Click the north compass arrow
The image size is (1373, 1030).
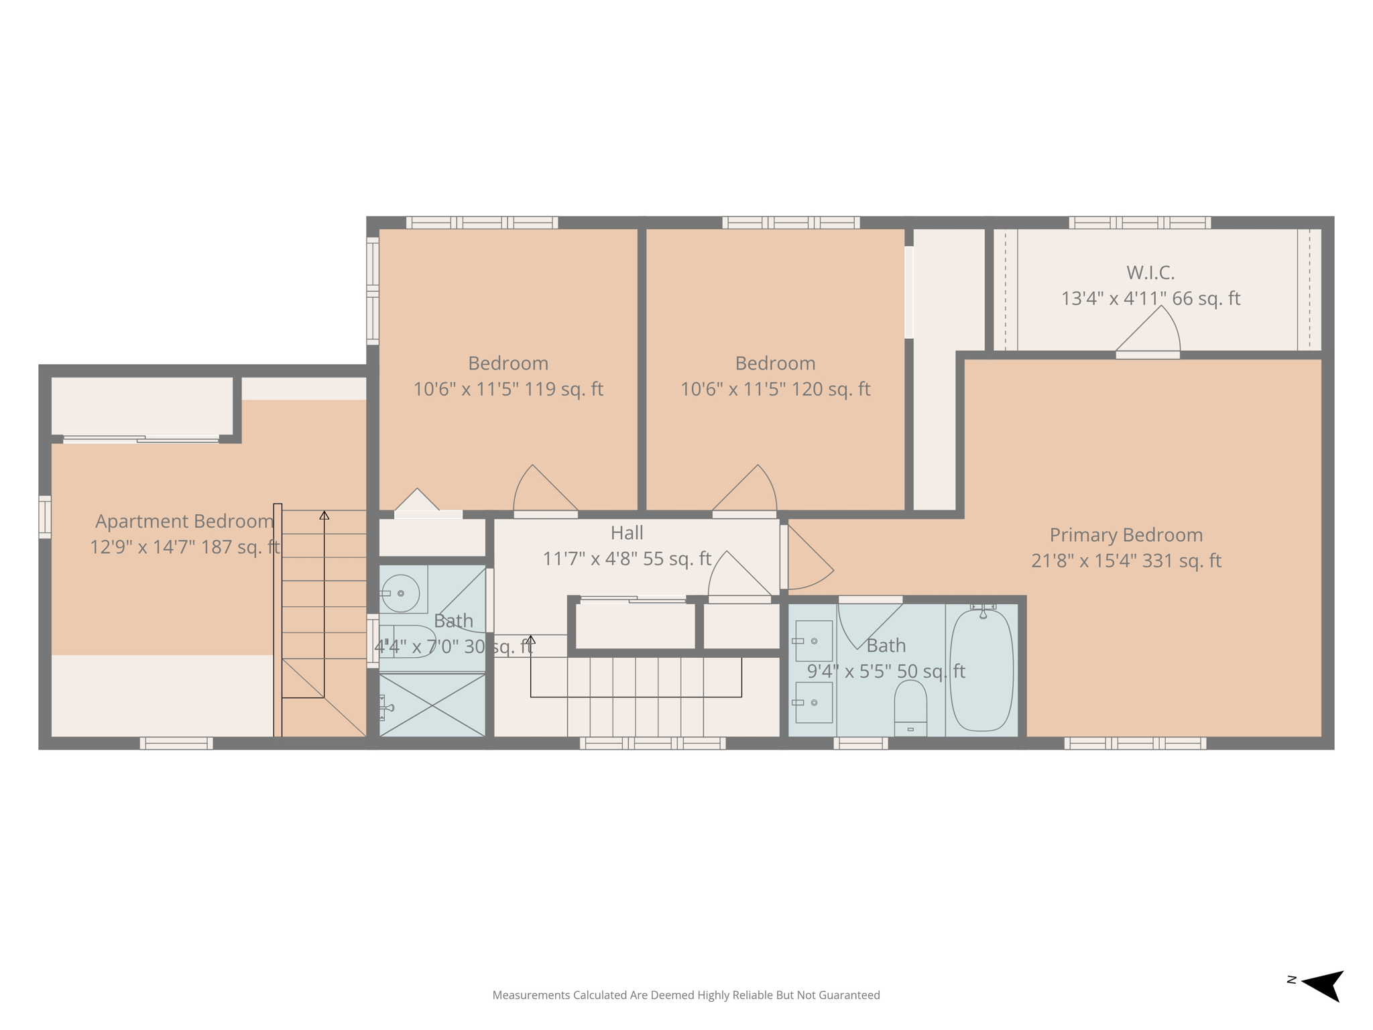[x=1323, y=984]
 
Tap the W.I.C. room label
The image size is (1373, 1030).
[x=1150, y=273]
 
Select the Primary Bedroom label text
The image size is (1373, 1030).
[x=1126, y=535]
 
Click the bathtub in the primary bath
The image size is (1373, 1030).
[x=981, y=671]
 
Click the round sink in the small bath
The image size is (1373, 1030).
[x=400, y=593]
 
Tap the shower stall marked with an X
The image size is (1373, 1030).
[x=432, y=705]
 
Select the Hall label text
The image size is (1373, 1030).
[x=627, y=533]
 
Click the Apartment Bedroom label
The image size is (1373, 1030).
[x=184, y=521]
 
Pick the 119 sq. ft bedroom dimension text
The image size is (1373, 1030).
[x=508, y=389]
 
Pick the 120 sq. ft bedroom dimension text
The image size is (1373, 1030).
[x=775, y=389]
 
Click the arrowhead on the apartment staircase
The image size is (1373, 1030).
[x=324, y=515]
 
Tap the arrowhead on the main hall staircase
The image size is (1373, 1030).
[x=531, y=639]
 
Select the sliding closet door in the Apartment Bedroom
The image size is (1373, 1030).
[x=141, y=439]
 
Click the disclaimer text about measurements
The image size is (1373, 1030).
[x=686, y=995]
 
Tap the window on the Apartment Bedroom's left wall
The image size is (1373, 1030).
[x=45, y=516]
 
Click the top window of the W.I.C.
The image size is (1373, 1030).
[x=1139, y=223]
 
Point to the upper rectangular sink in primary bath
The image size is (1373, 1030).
[x=813, y=640]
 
